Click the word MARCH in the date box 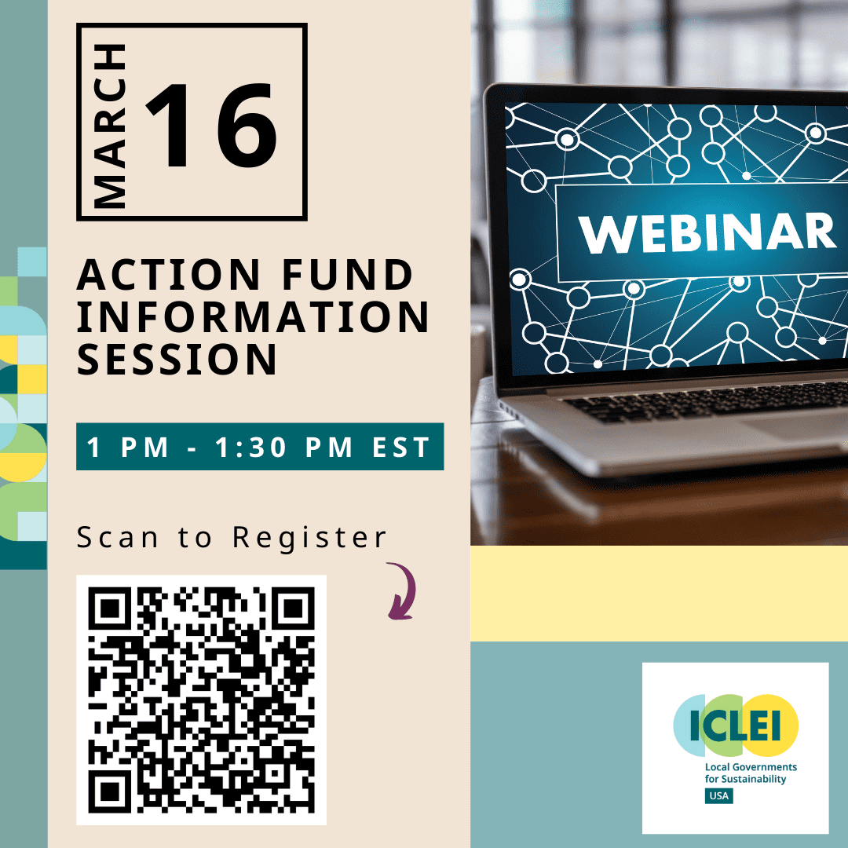[110, 126]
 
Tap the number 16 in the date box [211, 126]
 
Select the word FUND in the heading [347, 275]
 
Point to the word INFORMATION [253, 317]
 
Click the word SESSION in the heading [177, 359]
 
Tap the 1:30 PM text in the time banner [284, 448]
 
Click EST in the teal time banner [400, 448]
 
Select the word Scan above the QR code [117, 537]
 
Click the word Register [309, 538]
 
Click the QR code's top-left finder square [110, 609]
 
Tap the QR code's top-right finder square [293, 609]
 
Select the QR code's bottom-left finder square [110, 791]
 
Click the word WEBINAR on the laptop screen [707, 232]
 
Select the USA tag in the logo [718, 795]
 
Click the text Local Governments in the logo [751, 767]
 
